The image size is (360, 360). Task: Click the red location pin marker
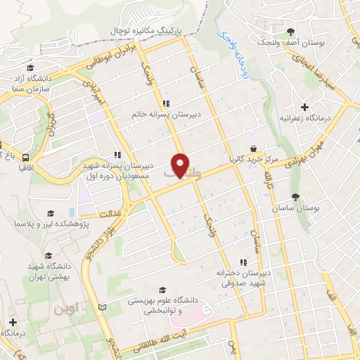pos(181,165)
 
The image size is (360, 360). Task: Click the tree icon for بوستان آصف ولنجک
pos(291,31)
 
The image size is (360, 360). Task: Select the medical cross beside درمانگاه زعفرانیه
pos(304,107)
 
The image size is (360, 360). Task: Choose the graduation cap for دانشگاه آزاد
pos(13,79)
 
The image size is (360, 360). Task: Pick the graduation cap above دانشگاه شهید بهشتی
pos(49,255)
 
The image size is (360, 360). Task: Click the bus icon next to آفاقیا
pos(25,157)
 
